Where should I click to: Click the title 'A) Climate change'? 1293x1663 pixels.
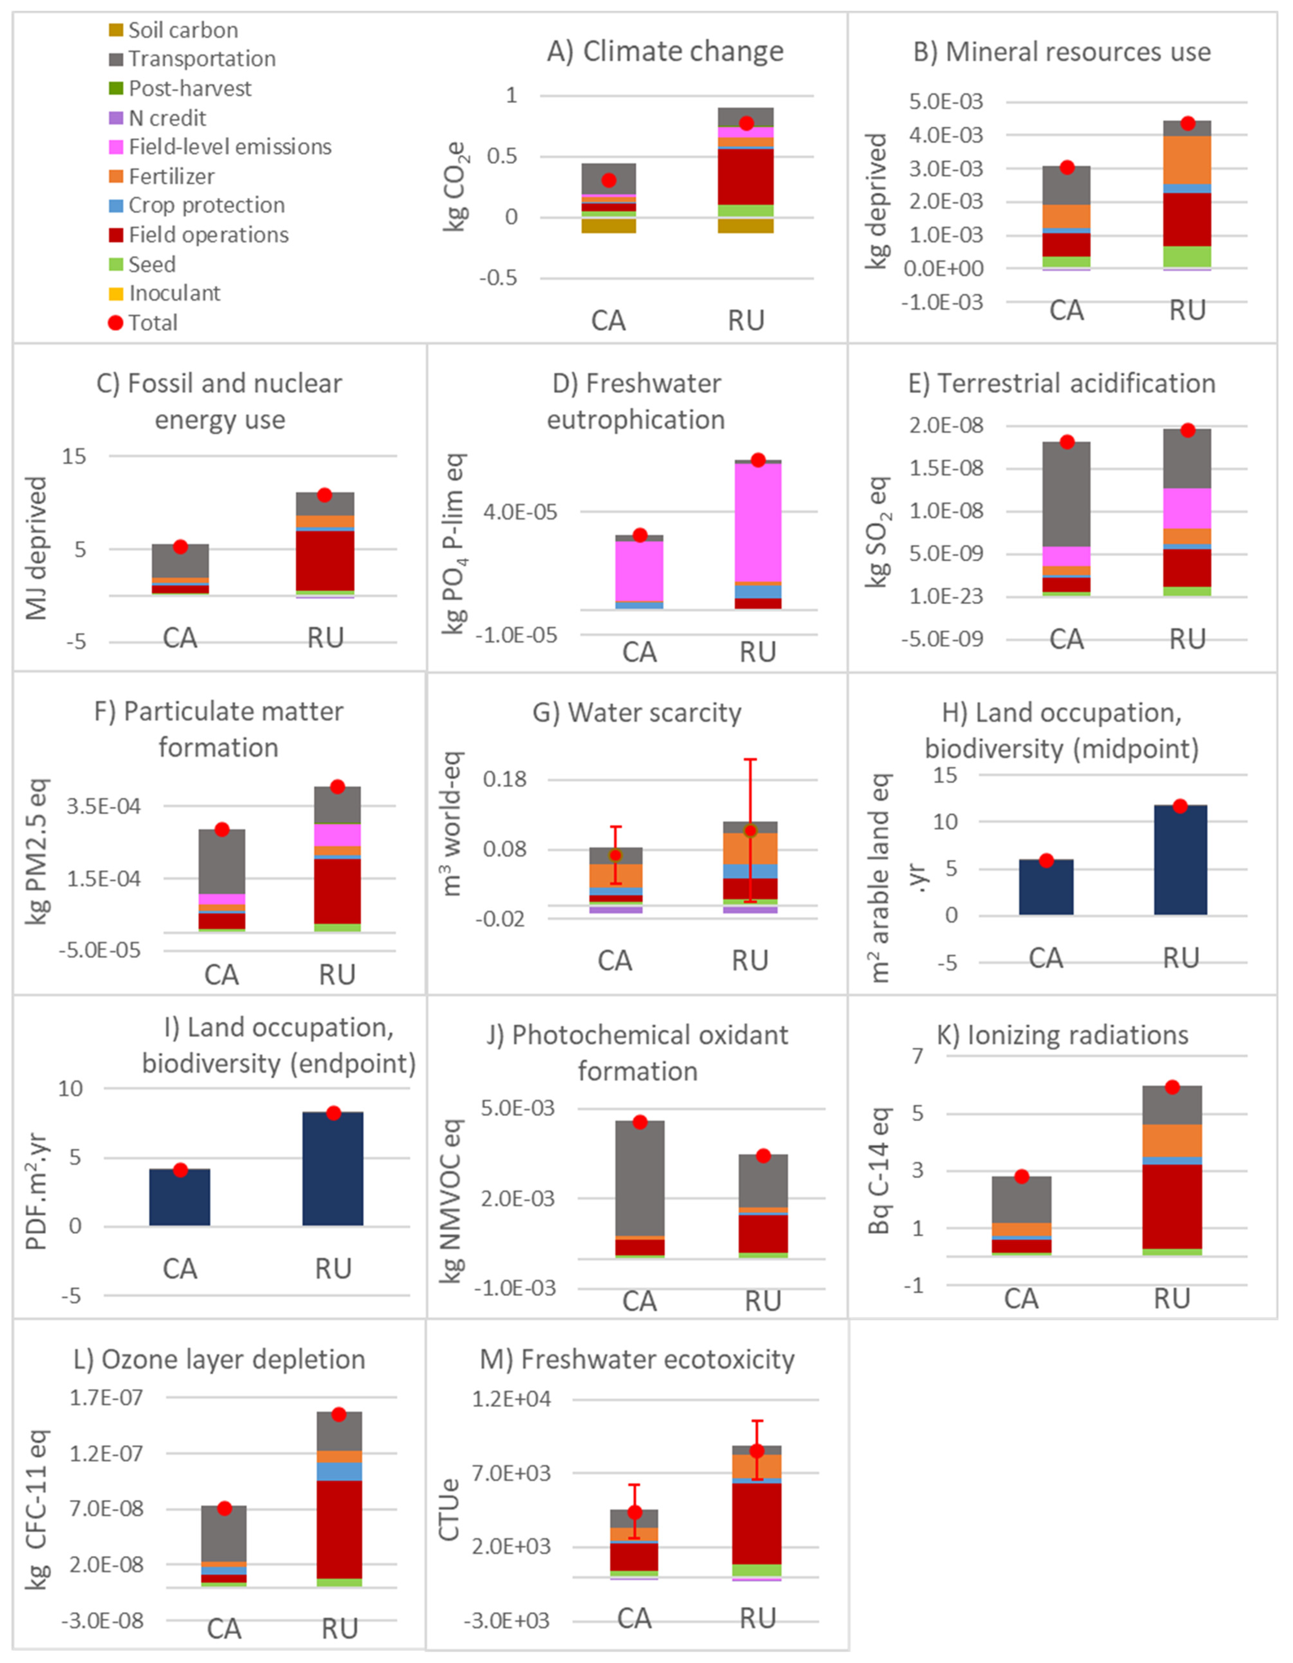click(664, 52)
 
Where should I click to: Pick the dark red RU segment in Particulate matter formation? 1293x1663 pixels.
click(337, 891)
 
